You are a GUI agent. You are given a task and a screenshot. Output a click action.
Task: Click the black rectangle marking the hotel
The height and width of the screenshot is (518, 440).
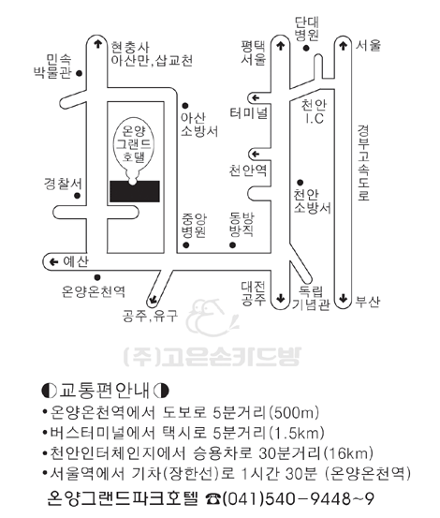click(135, 191)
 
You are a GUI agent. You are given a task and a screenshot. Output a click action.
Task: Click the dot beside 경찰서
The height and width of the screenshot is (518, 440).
click(78, 196)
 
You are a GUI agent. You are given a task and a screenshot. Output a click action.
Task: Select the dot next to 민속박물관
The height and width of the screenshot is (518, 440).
click(79, 73)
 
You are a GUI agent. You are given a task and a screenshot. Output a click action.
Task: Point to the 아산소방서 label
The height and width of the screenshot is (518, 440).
click(199, 125)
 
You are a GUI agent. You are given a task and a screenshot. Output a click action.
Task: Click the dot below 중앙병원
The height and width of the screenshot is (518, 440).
click(186, 245)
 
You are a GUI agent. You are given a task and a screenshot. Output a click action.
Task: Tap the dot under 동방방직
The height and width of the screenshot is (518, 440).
click(233, 245)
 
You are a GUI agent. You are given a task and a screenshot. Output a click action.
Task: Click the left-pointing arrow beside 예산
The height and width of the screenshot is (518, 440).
click(53, 262)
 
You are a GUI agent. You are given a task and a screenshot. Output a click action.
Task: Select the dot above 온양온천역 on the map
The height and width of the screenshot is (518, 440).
click(97, 277)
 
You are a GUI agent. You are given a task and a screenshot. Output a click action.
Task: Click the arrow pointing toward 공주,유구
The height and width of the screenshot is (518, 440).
click(153, 300)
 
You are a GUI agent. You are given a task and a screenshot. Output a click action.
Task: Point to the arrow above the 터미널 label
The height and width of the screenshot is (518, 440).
click(256, 98)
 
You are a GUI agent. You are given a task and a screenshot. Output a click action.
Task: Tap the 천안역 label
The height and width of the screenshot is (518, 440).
click(248, 170)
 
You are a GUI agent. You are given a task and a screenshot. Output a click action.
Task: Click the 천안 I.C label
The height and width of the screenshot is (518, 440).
click(314, 111)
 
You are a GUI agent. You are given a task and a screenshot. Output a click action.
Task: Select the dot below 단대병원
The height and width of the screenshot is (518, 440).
click(306, 48)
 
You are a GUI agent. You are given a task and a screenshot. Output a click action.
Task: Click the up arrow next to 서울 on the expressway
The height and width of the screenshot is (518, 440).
click(344, 45)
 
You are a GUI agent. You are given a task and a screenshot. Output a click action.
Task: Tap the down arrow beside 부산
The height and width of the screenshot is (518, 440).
click(344, 298)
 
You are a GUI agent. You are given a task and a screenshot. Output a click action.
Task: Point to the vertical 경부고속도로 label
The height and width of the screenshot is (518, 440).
click(363, 163)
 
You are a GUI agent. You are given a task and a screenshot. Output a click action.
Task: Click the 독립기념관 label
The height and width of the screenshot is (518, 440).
click(311, 298)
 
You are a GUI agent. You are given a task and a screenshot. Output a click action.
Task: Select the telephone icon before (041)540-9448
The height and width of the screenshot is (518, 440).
click(213, 498)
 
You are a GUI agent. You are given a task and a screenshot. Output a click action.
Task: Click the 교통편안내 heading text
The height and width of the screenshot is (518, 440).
click(105, 391)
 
